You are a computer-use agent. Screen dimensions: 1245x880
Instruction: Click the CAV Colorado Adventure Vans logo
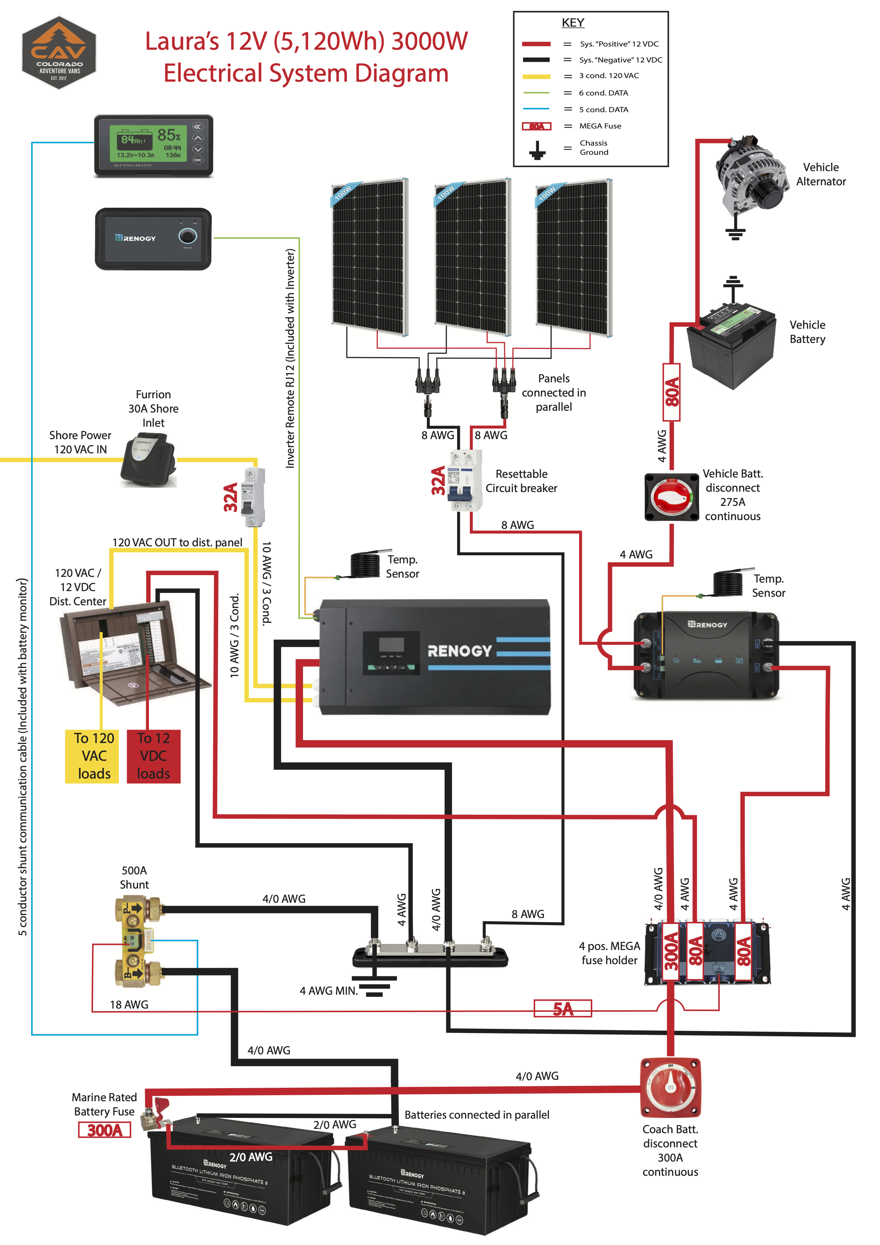[x=59, y=53]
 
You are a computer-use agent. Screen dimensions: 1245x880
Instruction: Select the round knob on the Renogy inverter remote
[x=187, y=236]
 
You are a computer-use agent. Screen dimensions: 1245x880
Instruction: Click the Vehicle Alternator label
[x=820, y=174]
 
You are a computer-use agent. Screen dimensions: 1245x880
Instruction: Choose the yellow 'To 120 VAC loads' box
[x=92, y=756]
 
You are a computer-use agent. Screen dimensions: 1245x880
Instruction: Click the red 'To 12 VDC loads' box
[x=153, y=756]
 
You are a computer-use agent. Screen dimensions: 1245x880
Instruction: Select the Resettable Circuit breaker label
[x=521, y=481]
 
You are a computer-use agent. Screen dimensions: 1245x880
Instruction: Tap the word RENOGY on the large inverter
[x=460, y=651]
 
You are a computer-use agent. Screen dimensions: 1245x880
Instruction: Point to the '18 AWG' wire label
[x=129, y=1005]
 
